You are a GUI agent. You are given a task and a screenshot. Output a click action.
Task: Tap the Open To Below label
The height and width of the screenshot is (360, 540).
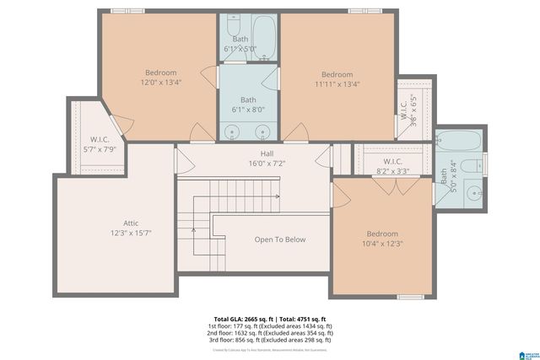[x=279, y=239]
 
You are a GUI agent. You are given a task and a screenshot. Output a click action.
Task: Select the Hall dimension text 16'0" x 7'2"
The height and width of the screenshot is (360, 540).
[x=267, y=164]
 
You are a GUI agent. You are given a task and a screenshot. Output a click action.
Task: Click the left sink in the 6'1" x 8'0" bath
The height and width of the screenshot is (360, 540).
[x=230, y=132]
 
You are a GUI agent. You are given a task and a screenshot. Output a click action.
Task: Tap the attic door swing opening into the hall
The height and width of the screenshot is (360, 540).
[x=180, y=160]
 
